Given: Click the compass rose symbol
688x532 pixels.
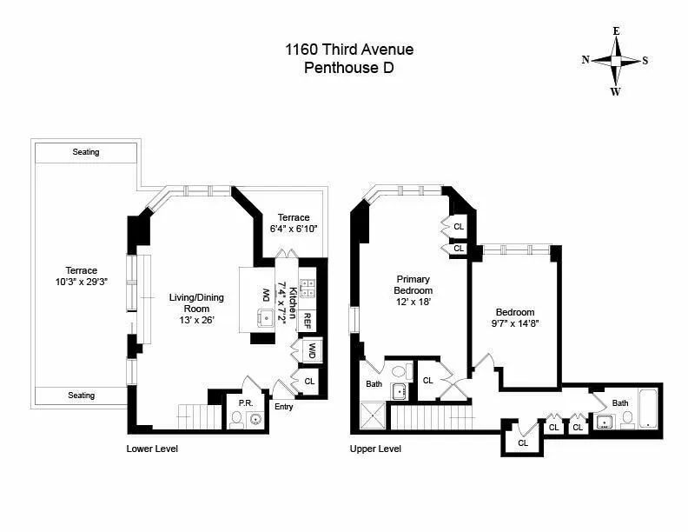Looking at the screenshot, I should tap(615, 61).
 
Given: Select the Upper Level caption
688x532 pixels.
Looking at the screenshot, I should tap(375, 449).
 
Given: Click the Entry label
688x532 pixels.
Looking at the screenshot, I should tap(284, 406).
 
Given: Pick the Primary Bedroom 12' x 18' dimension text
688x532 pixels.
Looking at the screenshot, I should tap(413, 302).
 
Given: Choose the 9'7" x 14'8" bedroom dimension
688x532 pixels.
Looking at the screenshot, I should tap(515, 324).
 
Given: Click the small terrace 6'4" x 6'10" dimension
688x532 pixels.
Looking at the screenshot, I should tap(293, 229).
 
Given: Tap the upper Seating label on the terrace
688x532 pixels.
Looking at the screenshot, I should tap(86, 152).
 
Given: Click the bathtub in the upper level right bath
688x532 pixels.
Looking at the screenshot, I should tap(648, 410).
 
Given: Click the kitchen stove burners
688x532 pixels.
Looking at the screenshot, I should tap(307, 289).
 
